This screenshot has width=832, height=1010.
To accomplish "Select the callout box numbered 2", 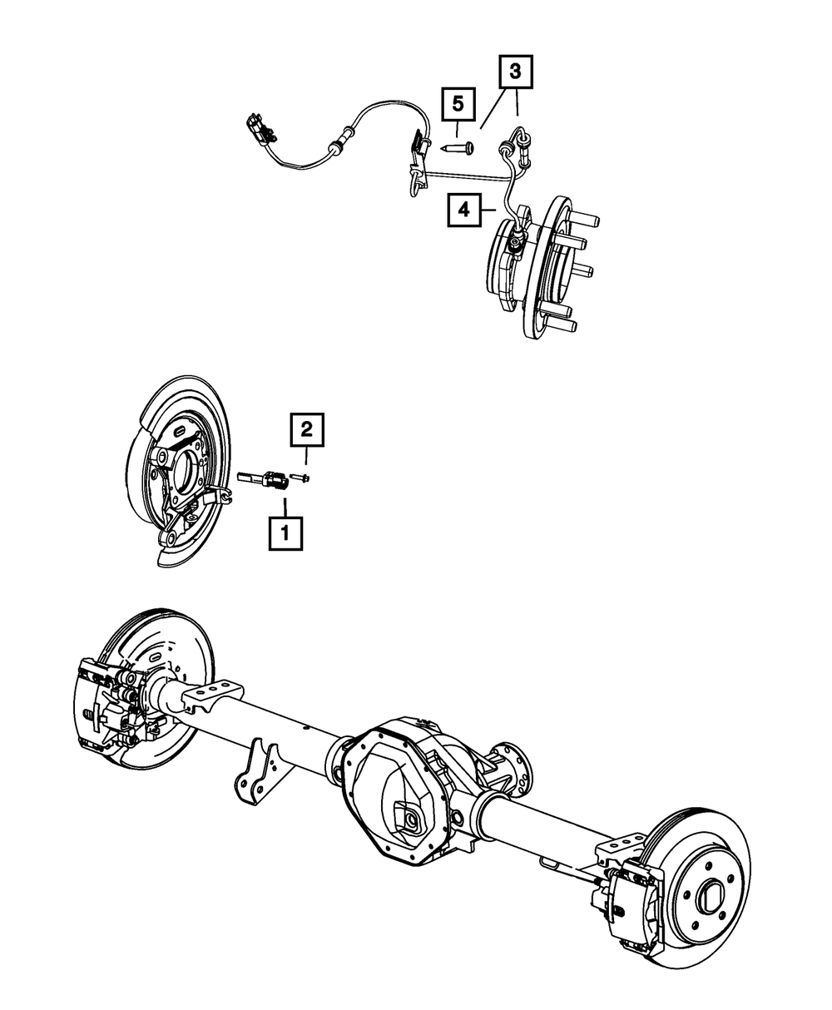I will (x=306, y=430).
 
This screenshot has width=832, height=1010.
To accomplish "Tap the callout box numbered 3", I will (x=514, y=72).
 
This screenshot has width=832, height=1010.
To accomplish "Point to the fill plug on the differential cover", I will (x=409, y=820).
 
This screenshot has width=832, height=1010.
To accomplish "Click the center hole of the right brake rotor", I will (x=708, y=896).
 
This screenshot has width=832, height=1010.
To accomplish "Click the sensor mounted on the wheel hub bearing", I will (x=515, y=242).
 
